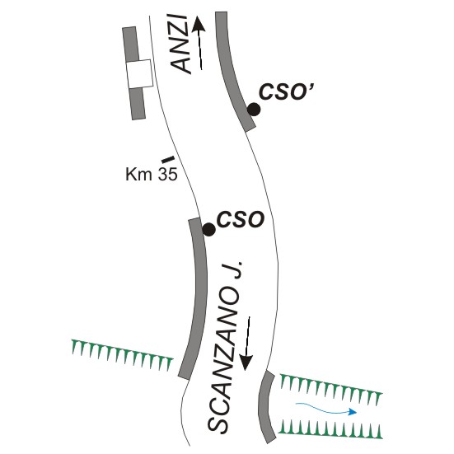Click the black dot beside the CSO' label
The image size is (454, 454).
254,110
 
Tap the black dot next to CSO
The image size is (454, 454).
208,230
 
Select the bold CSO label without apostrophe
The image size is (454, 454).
241,219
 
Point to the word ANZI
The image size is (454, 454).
181,44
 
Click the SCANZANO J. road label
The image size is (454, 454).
225,348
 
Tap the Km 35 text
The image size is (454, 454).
151,175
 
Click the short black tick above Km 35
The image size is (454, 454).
168,159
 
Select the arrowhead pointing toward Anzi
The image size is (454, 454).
199,24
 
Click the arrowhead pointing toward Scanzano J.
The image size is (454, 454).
246,363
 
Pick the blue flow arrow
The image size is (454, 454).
325,408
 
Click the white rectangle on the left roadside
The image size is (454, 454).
139,74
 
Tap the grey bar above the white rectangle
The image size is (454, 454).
130,44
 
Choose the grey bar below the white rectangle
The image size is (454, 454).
138,103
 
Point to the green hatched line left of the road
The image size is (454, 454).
122,354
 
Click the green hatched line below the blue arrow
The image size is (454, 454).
330,429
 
